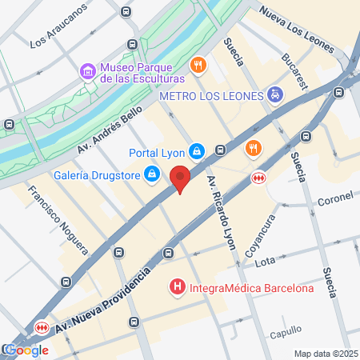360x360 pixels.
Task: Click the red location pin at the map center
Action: (x=181, y=178)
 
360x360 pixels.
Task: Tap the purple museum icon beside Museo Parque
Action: (x=87, y=72)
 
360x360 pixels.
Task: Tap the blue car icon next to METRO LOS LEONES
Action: (x=274, y=95)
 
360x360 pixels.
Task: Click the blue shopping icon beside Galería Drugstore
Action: (x=151, y=174)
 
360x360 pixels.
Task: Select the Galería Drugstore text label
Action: (x=94, y=174)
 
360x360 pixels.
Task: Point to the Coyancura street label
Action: (x=259, y=232)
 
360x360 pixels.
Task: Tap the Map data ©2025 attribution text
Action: (x=325, y=354)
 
